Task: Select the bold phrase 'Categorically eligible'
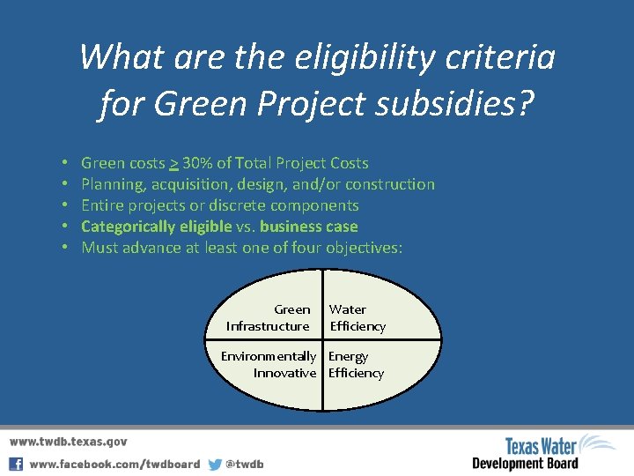(x=156, y=227)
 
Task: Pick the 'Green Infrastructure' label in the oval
(x=269, y=318)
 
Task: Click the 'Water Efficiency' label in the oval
(x=357, y=318)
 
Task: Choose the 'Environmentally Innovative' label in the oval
(x=269, y=365)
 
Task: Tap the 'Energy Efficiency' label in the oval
(x=356, y=365)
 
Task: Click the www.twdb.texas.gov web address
(x=69, y=442)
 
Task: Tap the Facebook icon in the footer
(x=16, y=464)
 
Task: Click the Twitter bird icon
(x=215, y=464)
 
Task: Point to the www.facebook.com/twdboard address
(x=114, y=464)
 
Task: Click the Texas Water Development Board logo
(x=543, y=453)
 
